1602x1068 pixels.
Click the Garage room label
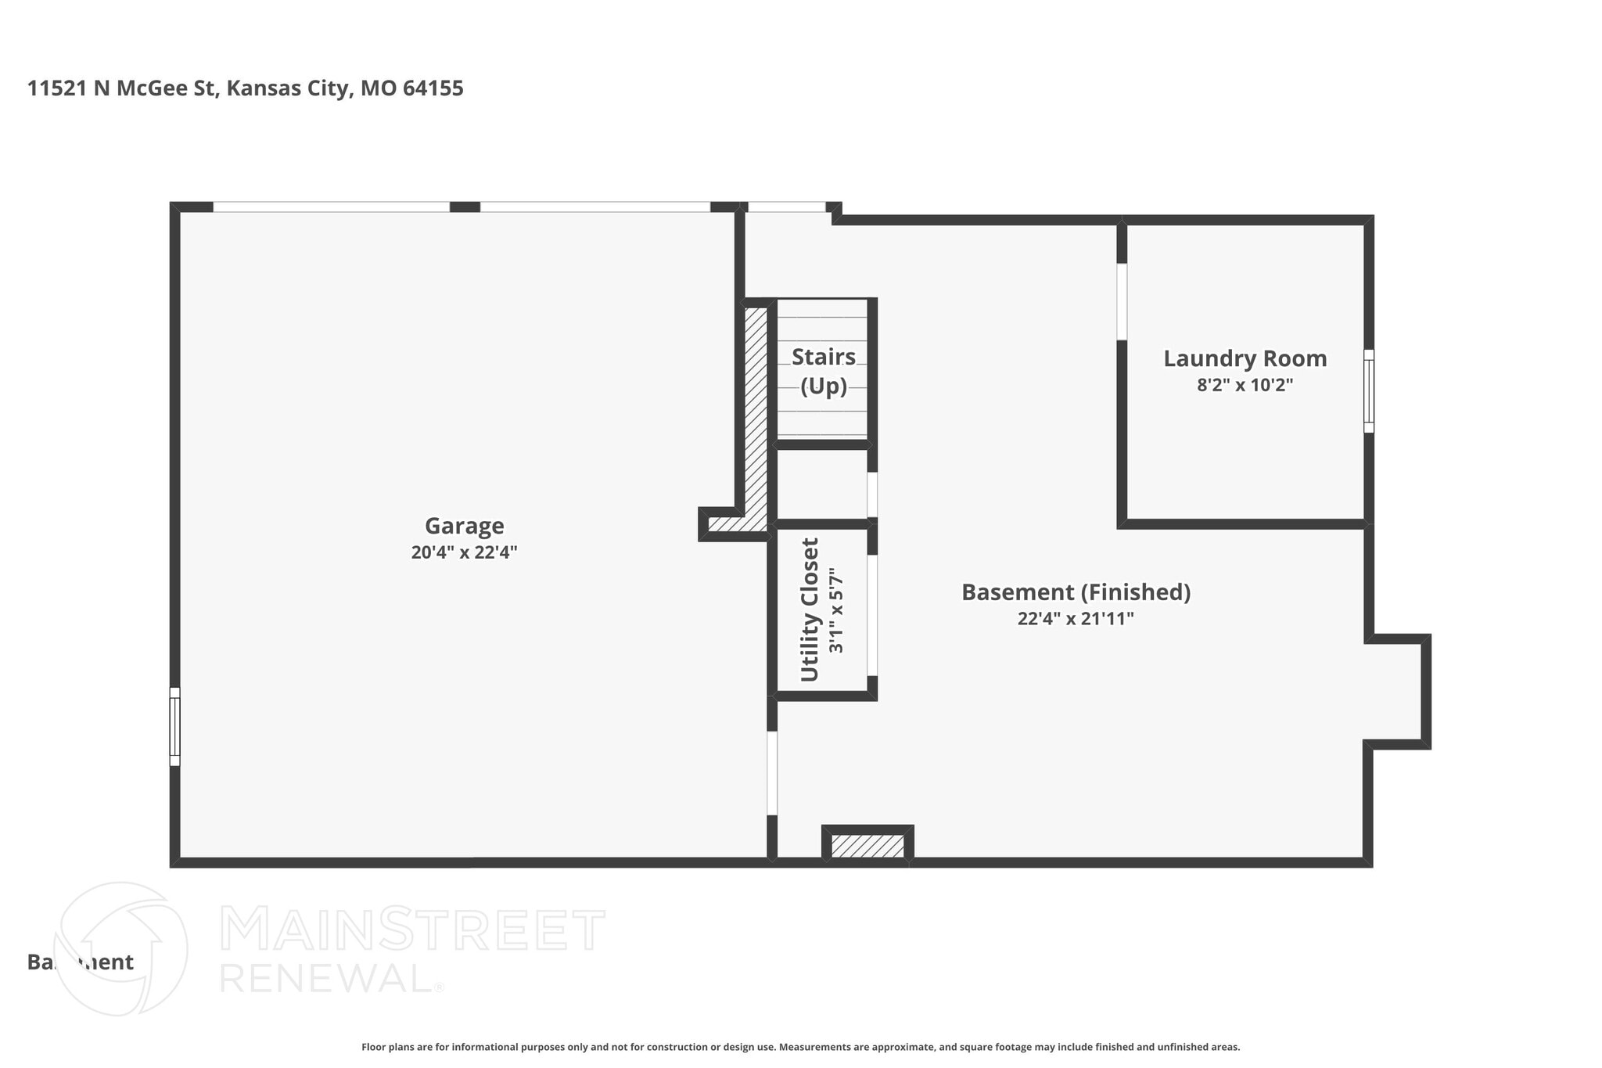coord(464,526)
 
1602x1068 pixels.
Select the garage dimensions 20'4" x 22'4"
coord(464,552)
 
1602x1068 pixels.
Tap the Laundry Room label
coord(1245,358)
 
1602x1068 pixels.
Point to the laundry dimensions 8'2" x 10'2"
coord(1245,385)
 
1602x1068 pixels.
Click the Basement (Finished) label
coord(1076,592)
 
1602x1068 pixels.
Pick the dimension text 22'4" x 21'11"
coord(1076,619)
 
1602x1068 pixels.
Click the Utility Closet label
coord(810,610)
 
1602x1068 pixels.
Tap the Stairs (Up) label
coord(823,371)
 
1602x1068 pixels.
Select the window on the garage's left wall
coord(175,726)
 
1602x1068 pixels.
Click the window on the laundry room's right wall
coord(1368,390)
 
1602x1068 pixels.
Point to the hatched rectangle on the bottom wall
coord(867,846)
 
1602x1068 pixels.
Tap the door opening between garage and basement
coord(772,773)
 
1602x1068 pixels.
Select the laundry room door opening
coord(1122,302)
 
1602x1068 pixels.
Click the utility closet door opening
coord(872,615)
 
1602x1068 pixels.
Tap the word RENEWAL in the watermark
coord(325,978)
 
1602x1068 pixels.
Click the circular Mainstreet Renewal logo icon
coord(120,949)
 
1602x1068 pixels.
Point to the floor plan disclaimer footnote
coord(800,1047)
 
